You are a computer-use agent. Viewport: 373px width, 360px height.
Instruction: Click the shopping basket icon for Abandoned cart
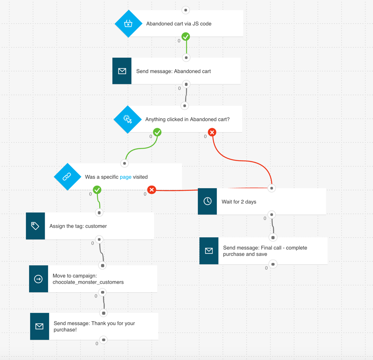coord(128,24)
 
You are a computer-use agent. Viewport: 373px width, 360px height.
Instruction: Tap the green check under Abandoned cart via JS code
coord(186,37)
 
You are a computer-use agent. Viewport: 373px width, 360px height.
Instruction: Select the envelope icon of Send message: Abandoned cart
coord(122,71)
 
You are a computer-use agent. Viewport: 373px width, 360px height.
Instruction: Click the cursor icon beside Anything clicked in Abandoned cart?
coord(128,119)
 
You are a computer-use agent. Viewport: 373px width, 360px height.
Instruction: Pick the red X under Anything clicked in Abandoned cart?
coord(212,133)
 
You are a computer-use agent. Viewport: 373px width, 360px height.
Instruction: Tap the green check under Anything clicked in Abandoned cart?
coord(157,133)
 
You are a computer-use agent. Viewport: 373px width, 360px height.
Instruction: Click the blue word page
coord(126,177)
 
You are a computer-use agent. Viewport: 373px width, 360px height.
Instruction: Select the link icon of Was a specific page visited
coord(67,176)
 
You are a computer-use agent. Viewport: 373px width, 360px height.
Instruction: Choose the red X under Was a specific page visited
coord(151,190)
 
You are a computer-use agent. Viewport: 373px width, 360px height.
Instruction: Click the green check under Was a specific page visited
coord(97,190)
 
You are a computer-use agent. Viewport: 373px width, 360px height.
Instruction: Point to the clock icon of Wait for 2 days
coord(207,201)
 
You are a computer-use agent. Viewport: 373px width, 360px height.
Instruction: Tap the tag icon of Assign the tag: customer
coord(35,226)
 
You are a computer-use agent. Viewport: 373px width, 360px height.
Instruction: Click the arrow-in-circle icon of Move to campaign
coord(38,279)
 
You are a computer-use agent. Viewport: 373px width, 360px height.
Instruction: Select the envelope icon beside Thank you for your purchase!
coord(40,326)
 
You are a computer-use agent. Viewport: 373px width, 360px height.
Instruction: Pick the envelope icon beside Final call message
coord(209,251)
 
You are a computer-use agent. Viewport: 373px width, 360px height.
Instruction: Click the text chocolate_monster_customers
coord(88,282)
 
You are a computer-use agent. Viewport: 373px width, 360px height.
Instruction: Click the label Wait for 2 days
coord(239,202)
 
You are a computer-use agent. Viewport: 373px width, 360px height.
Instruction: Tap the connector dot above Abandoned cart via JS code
coord(186,10)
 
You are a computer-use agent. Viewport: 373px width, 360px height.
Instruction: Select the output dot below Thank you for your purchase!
coord(104,340)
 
